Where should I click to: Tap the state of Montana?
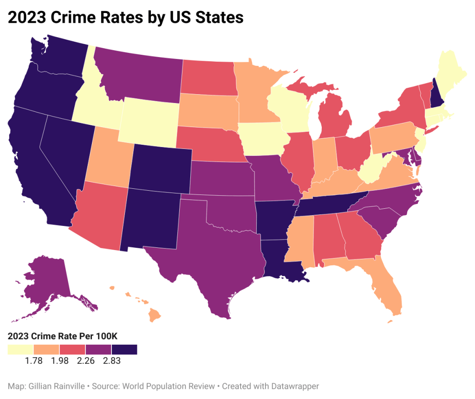(x=139, y=79)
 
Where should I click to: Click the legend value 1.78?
(x=33, y=361)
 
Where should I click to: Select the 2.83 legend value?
(x=111, y=361)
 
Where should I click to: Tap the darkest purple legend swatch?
(x=124, y=349)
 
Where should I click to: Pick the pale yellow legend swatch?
(x=20, y=349)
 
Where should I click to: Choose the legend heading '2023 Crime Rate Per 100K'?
(x=58, y=337)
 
